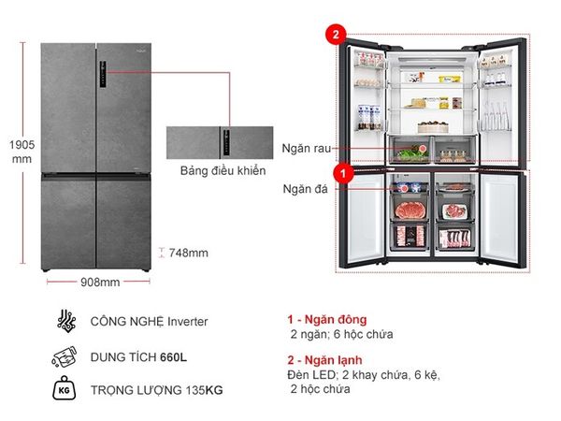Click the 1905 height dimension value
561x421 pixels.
(22, 145)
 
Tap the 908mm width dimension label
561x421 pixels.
(100, 283)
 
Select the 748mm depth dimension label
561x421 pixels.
(189, 254)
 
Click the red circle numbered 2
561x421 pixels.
(336, 35)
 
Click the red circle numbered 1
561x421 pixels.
(343, 174)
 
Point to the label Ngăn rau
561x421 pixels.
(307, 148)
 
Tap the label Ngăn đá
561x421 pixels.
(305, 189)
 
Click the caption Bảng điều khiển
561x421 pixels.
(223, 171)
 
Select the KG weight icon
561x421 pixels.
(64, 388)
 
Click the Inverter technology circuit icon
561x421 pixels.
(66, 320)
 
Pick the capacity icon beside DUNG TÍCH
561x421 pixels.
(65, 357)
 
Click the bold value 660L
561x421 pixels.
(173, 357)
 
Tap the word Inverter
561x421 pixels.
(188, 322)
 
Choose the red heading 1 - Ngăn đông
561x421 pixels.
(327, 319)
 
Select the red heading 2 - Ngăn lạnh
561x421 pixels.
(324, 360)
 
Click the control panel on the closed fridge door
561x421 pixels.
(103, 75)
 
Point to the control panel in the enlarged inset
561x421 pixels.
(226, 143)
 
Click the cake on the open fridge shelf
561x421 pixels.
(433, 126)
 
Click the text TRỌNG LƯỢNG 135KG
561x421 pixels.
(156, 390)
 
